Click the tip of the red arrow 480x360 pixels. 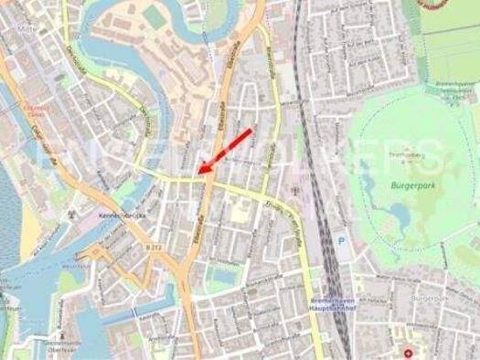click(200, 171)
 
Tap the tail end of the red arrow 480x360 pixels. click(250, 132)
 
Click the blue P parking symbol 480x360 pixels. click(342, 242)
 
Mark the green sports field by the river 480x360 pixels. click(153, 16)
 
